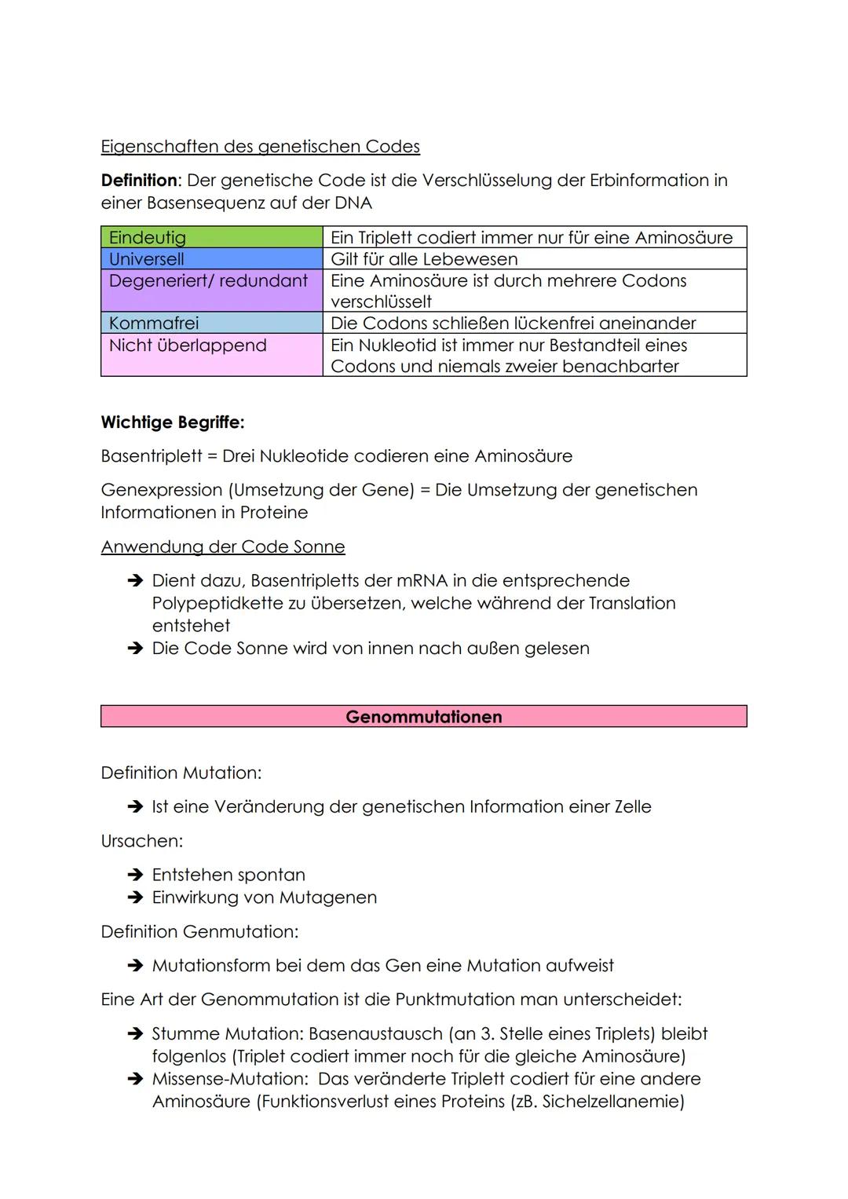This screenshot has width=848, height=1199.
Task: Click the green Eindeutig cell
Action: click(211, 237)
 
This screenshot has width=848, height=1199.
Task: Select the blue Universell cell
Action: click(211, 259)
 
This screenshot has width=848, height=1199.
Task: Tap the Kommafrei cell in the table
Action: click(211, 323)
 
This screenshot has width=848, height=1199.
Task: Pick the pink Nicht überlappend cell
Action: click(211, 354)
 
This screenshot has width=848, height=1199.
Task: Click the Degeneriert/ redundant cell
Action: click(211, 290)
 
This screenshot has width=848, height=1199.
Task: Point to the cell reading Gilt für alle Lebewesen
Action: click(534, 259)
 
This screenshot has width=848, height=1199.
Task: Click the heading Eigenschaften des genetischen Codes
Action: click(260, 147)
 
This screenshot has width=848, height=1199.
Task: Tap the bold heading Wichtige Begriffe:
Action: click(172, 422)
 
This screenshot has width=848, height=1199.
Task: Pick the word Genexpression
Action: click(162, 490)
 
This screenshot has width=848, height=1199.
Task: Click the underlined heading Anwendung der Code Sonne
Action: click(222, 546)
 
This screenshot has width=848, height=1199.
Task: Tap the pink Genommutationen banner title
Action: click(423, 716)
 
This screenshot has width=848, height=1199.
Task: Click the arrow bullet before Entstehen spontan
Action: click(135, 875)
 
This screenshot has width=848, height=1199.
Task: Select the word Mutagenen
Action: click(333, 897)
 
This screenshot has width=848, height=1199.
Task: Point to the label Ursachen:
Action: click(141, 841)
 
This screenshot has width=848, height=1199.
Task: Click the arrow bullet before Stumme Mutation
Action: click(135, 1034)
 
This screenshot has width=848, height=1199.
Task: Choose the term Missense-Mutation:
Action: click(229, 1079)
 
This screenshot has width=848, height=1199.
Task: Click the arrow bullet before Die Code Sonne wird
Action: click(135, 649)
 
